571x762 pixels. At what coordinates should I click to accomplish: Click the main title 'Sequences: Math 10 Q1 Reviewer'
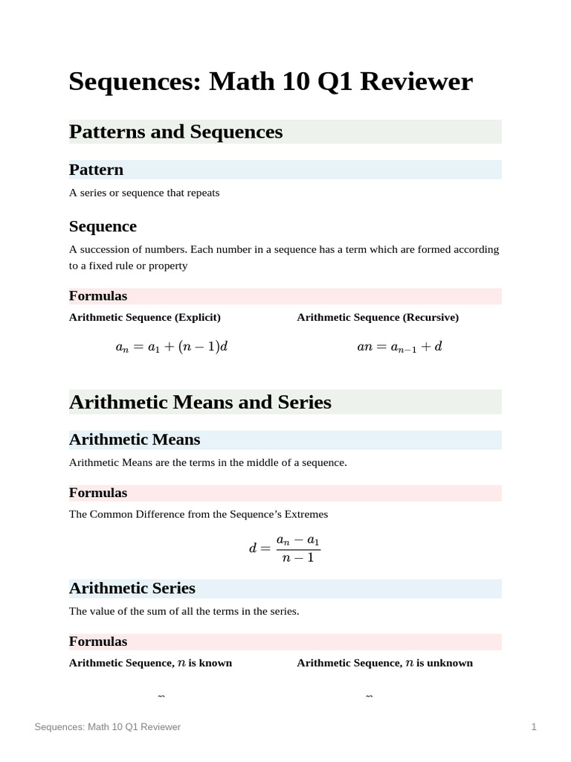tap(270, 81)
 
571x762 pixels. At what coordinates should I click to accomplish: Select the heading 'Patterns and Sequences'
tap(175, 132)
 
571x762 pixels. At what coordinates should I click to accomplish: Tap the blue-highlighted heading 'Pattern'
tap(96, 170)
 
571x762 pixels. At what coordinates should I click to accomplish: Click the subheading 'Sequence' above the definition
tap(103, 226)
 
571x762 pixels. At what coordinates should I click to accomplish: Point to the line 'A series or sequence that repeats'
tap(144, 193)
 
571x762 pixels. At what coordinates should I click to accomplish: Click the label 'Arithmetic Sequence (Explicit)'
tap(145, 317)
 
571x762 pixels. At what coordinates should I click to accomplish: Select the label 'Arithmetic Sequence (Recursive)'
tap(378, 317)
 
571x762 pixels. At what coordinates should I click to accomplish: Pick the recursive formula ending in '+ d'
tap(400, 347)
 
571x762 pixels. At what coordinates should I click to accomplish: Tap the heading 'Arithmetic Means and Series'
tap(200, 402)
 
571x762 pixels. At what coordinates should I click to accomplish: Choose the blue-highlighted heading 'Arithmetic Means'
tap(135, 440)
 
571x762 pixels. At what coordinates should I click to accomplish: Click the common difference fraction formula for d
tap(285, 549)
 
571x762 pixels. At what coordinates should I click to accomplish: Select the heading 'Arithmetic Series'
tap(132, 589)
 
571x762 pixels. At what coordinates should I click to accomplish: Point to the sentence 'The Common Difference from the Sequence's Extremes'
tap(199, 514)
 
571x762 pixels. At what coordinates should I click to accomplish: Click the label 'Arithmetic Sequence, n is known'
tap(150, 662)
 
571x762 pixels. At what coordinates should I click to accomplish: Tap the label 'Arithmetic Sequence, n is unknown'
tap(384, 662)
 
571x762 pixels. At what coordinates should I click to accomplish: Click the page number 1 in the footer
tap(534, 727)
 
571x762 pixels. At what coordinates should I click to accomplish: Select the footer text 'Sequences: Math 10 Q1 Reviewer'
tap(108, 727)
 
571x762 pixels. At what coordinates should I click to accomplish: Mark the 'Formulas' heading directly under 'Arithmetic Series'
tap(98, 641)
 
